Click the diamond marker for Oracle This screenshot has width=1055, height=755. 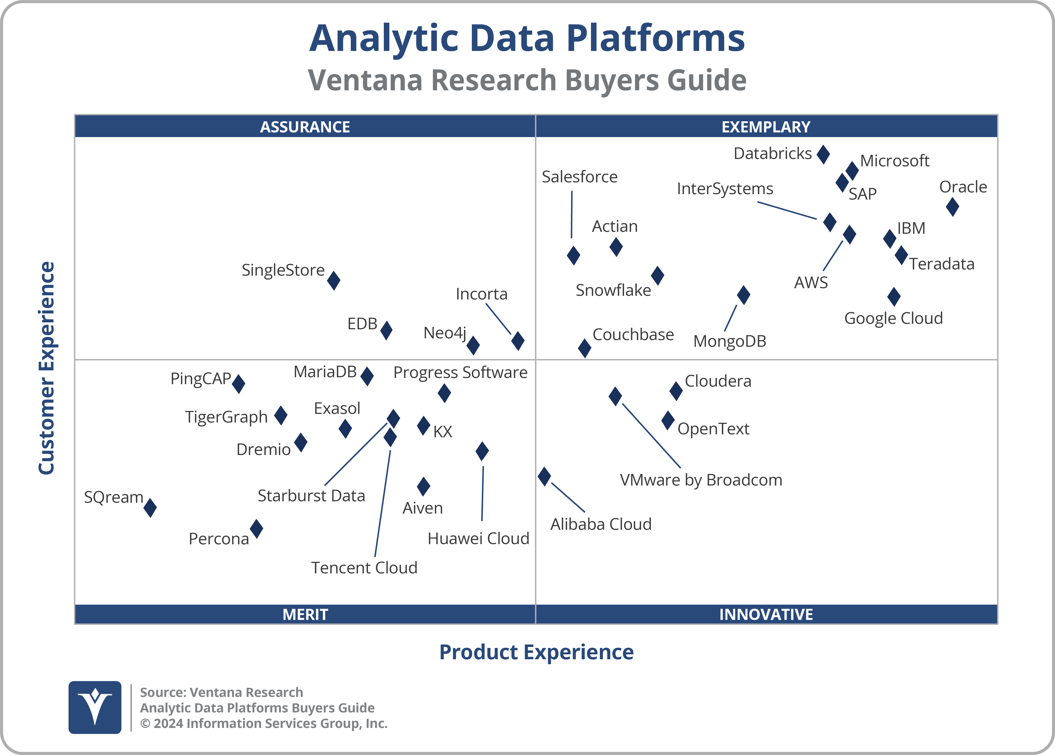tap(952, 207)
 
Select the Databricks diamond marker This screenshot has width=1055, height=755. tap(823, 154)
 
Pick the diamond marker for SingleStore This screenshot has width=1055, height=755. tap(334, 280)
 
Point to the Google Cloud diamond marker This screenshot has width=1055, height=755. tap(894, 297)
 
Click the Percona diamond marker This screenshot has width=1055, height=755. tap(256, 529)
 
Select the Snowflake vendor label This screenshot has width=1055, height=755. tap(613, 290)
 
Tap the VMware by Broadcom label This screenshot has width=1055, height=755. tap(701, 480)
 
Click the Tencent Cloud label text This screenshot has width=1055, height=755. tap(364, 568)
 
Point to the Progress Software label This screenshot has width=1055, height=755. tap(460, 372)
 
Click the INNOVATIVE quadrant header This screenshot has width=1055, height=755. tap(766, 614)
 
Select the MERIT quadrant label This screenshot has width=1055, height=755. tap(305, 614)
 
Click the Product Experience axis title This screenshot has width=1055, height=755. tap(536, 652)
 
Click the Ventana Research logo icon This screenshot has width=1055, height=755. tap(95, 707)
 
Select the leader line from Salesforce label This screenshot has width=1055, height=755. tap(572, 215)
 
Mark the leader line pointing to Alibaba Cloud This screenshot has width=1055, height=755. tap(568, 497)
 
